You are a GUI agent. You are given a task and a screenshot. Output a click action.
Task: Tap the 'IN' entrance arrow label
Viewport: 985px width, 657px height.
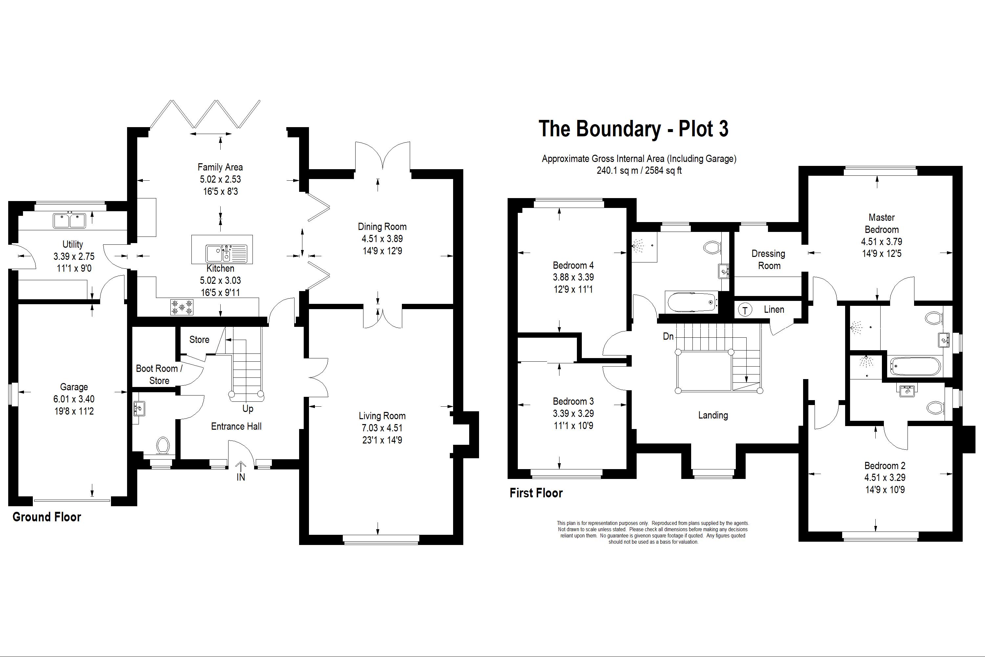tap(241, 477)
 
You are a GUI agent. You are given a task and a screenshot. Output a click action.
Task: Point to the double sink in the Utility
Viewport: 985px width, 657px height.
tap(70, 220)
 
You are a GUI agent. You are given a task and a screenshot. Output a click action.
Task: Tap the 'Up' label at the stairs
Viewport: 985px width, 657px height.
tap(248, 408)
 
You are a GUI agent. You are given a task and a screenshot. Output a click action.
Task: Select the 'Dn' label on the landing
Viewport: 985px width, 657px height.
tap(668, 336)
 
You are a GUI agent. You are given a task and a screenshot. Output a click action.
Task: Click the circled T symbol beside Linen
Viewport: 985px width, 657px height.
tap(745, 310)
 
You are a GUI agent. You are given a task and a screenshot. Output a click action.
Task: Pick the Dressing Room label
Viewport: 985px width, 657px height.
tap(769, 260)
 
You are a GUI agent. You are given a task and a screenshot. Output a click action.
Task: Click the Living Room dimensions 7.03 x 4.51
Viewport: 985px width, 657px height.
tap(382, 428)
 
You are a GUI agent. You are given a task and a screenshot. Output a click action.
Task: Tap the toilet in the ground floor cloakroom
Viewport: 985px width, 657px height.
tap(163, 445)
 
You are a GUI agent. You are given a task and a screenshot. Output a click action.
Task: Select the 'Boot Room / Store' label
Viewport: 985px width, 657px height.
tap(159, 374)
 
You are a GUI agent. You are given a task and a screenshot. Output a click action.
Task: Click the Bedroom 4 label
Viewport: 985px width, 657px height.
tap(573, 265)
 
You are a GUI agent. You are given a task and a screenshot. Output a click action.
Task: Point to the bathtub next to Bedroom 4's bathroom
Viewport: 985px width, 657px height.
tap(691, 302)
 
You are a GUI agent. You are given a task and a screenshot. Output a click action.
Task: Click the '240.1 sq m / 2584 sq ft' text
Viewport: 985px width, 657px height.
tap(639, 170)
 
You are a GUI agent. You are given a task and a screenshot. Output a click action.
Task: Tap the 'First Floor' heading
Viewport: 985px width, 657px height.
tap(536, 493)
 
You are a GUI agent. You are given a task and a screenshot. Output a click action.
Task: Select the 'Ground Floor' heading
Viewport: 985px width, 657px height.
tap(47, 517)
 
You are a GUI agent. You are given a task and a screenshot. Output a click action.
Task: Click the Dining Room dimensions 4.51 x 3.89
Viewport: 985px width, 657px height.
tap(382, 238)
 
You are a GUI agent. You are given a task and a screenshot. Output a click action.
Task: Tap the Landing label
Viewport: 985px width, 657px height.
tap(713, 415)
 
